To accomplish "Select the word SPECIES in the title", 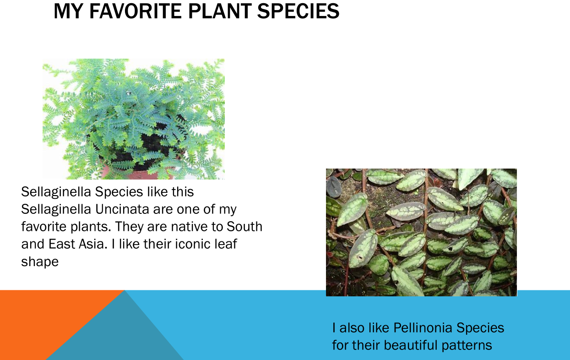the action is click(298, 11).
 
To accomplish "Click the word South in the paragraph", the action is click(244, 226).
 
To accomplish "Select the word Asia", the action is click(93, 244).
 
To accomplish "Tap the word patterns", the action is click(467, 346).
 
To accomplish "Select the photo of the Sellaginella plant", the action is click(134, 119).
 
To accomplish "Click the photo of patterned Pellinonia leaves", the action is click(421, 232).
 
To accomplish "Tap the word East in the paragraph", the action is click(62, 244).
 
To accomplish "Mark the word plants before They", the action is click(91, 227).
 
